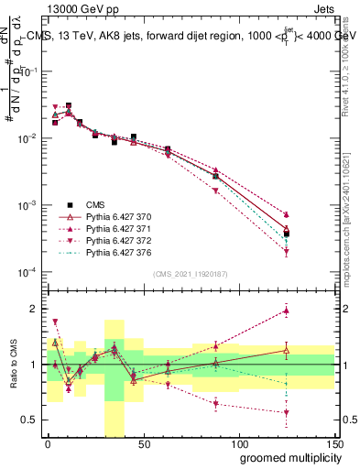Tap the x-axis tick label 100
tap(238, 442)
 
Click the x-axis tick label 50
tap(143, 442)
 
